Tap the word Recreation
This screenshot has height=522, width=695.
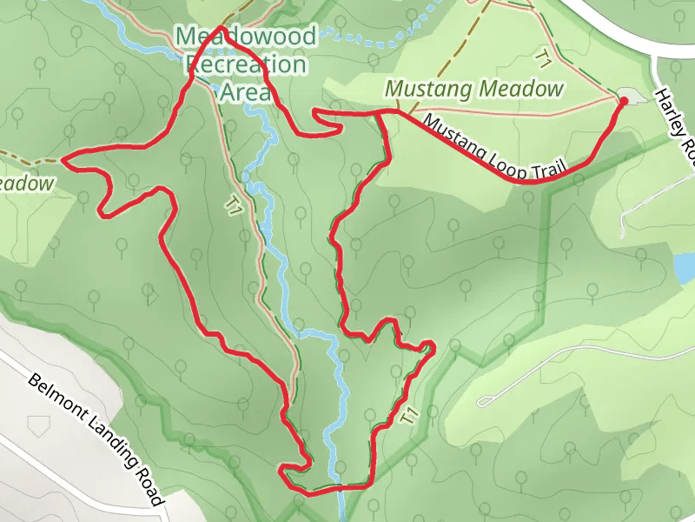[x=246, y=64]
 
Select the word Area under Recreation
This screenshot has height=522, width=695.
[x=246, y=91]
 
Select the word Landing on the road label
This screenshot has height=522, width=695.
[x=106, y=440]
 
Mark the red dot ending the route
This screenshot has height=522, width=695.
[x=624, y=102]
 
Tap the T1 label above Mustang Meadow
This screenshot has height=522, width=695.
[x=544, y=59]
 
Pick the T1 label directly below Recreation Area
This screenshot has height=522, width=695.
[x=232, y=205]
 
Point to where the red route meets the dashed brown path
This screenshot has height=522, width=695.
[x=64, y=160]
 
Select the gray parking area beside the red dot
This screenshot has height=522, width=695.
[x=632, y=95]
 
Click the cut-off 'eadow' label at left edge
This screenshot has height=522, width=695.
[x=26, y=184]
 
